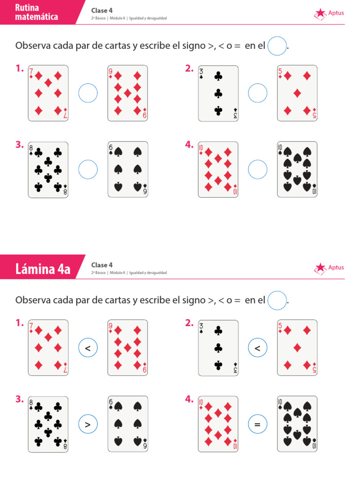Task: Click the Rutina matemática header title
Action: point(37,12)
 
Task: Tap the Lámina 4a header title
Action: point(43,269)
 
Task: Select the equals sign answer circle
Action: point(257,424)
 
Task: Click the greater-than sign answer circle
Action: point(88,424)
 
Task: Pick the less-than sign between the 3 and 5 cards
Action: point(257,348)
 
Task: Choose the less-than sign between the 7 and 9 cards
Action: point(88,348)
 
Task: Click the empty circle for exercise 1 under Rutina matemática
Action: point(88,93)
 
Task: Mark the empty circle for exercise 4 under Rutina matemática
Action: point(257,169)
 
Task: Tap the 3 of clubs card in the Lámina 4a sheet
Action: point(218,348)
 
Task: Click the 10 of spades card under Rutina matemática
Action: point(297,169)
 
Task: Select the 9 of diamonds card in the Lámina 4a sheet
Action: point(127,348)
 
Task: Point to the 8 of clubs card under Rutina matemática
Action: point(48,169)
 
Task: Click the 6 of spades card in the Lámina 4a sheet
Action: point(127,424)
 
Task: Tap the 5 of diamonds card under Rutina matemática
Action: point(297,93)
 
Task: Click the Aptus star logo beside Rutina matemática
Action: point(321,14)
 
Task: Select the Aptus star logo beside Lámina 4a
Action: point(321,268)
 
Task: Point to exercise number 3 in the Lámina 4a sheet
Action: point(19,399)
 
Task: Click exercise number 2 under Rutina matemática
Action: point(189,69)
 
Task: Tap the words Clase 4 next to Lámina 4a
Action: point(102,265)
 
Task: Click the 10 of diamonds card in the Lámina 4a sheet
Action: point(218,424)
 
